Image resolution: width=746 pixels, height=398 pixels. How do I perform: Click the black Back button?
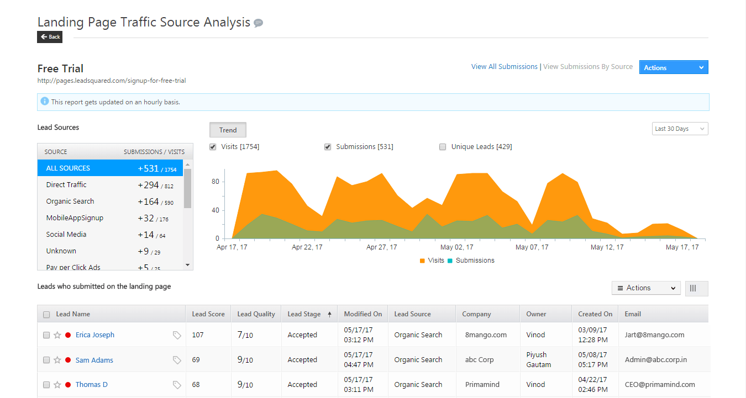coord(50,37)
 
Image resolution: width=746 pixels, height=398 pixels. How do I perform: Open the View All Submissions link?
coord(504,67)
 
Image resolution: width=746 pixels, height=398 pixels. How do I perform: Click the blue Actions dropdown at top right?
coord(673,67)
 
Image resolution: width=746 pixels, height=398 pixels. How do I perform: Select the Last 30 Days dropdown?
coord(680,129)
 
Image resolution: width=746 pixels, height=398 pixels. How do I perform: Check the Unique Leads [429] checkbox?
coord(443,147)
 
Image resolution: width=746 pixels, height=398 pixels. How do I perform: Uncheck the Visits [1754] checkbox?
coord(213,147)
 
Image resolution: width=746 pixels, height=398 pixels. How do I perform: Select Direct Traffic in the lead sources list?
coord(66,185)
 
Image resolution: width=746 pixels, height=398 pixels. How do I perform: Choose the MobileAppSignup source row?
coord(75,218)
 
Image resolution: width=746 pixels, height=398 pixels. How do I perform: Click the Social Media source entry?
coord(66,235)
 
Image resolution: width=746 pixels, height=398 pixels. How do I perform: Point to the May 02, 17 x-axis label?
coord(456,247)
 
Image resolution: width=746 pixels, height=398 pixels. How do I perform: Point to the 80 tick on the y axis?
coord(216,182)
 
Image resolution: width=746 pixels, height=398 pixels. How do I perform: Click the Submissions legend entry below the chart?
coord(475,261)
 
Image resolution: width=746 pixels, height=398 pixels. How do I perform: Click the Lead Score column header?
coord(208,314)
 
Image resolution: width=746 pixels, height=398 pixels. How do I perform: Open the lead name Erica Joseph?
coord(95,335)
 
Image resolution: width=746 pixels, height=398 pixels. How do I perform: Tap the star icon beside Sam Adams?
coord(57,360)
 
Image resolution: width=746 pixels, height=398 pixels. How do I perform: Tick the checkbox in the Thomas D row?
coord(46,385)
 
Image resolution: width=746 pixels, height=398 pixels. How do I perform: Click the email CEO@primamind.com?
coord(660,385)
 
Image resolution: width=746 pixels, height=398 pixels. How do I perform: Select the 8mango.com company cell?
coord(486,335)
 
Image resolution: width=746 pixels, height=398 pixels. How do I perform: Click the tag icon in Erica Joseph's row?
coord(177,335)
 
